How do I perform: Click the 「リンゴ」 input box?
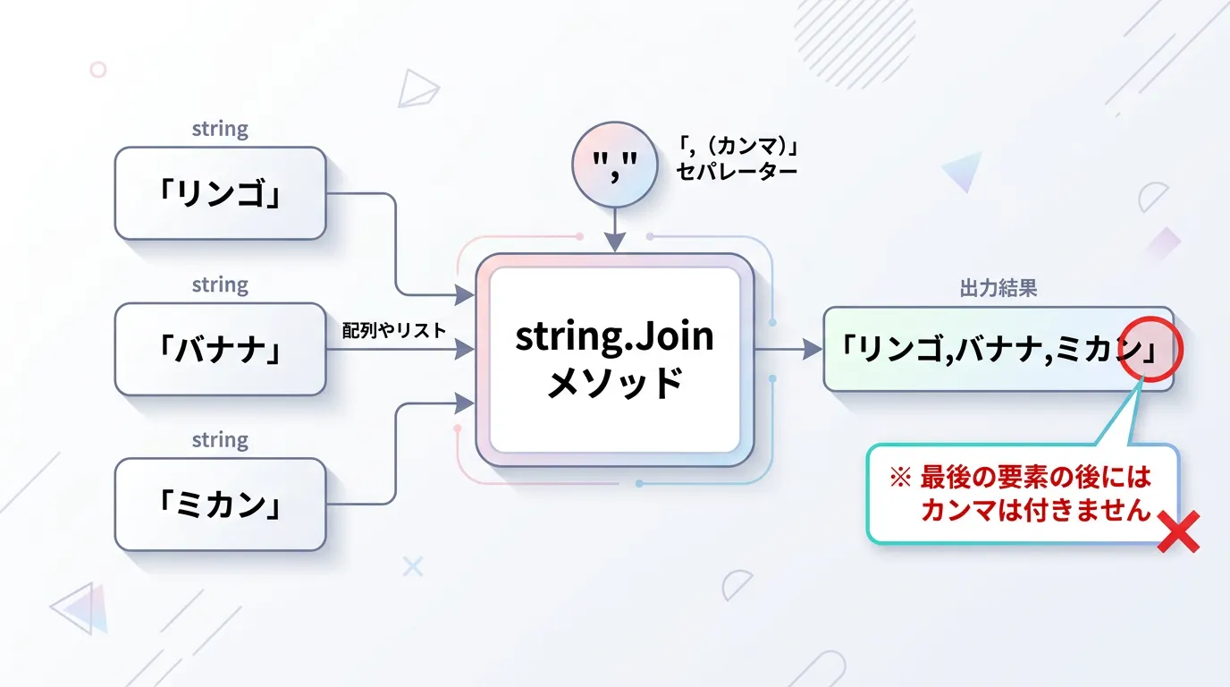pyautogui.click(x=220, y=193)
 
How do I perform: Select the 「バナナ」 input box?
pyautogui.click(x=220, y=349)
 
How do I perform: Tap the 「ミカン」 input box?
pyautogui.click(x=220, y=505)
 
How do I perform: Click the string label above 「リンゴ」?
pyautogui.click(x=220, y=129)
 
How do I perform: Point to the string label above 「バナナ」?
pyautogui.click(x=220, y=285)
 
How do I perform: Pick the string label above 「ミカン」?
pyautogui.click(x=220, y=440)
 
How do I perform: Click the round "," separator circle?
pyautogui.click(x=614, y=165)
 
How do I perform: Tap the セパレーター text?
pyautogui.click(x=737, y=172)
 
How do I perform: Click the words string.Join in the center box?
pyautogui.click(x=614, y=336)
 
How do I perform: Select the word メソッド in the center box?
pyautogui.click(x=614, y=383)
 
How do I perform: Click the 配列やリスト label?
pyautogui.click(x=394, y=331)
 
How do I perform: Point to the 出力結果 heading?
pyautogui.click(x=998, y=288)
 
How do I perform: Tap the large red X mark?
pyautogui.click(x=1178, y=531)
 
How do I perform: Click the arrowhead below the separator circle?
pyautogui.click(x=614, y=242)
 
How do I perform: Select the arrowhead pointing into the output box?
pyautogui.click(x=813, y=349)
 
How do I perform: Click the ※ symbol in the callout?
pyautogui.click(x=900, y=477)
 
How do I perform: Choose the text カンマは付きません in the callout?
pyautogui.click(x=1036, y=510)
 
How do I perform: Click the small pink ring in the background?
pyautogui.click(x=98, y=70)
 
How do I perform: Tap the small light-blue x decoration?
pyautogui.click(x=413, y=566)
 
